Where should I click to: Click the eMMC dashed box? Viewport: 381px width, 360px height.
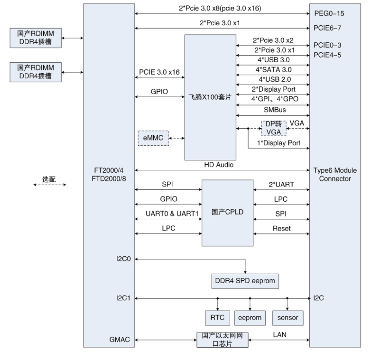153,138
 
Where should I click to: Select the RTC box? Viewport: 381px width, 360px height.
217,318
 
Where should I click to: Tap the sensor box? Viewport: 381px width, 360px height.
288,318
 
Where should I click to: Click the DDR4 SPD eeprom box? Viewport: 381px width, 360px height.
245,281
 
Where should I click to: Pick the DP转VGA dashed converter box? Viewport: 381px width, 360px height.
273,128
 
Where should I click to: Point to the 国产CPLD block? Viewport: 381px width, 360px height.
227,212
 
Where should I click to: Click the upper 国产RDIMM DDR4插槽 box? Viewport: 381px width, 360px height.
35,38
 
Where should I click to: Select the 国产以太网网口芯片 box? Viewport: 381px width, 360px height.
222,340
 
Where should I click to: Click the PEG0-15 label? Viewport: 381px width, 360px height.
329,14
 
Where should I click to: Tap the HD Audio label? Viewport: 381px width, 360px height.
219,165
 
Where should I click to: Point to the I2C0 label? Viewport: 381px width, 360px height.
123,259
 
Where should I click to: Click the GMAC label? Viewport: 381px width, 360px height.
120,340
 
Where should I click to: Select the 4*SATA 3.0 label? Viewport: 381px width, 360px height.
273,70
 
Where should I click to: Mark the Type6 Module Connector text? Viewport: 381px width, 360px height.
335,174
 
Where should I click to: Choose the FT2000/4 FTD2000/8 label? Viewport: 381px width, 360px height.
109,174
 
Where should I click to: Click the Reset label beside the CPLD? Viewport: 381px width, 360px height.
281,229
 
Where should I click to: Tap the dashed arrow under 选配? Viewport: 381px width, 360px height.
50,185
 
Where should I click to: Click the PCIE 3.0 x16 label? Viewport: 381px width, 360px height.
159,72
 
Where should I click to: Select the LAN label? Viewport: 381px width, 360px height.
280,335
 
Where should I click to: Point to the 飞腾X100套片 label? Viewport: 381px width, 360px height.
210,97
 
